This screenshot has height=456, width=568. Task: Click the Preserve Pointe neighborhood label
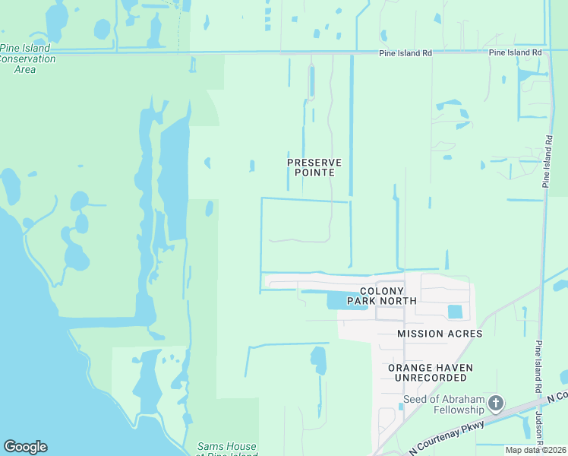314,167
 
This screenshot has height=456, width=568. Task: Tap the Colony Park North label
382,296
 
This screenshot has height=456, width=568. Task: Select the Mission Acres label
440,334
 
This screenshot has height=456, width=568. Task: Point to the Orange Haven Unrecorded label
431,372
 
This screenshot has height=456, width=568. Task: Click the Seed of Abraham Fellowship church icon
496,403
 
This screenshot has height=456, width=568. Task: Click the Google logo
25,447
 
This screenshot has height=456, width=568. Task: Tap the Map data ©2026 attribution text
535,450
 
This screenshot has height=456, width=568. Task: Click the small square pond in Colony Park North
455,312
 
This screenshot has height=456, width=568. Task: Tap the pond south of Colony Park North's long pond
318,359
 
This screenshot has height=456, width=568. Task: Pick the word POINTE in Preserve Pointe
314,173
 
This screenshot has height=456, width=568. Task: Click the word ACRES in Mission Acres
462,334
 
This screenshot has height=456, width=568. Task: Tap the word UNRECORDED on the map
431,378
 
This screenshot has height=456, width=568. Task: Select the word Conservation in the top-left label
28,59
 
